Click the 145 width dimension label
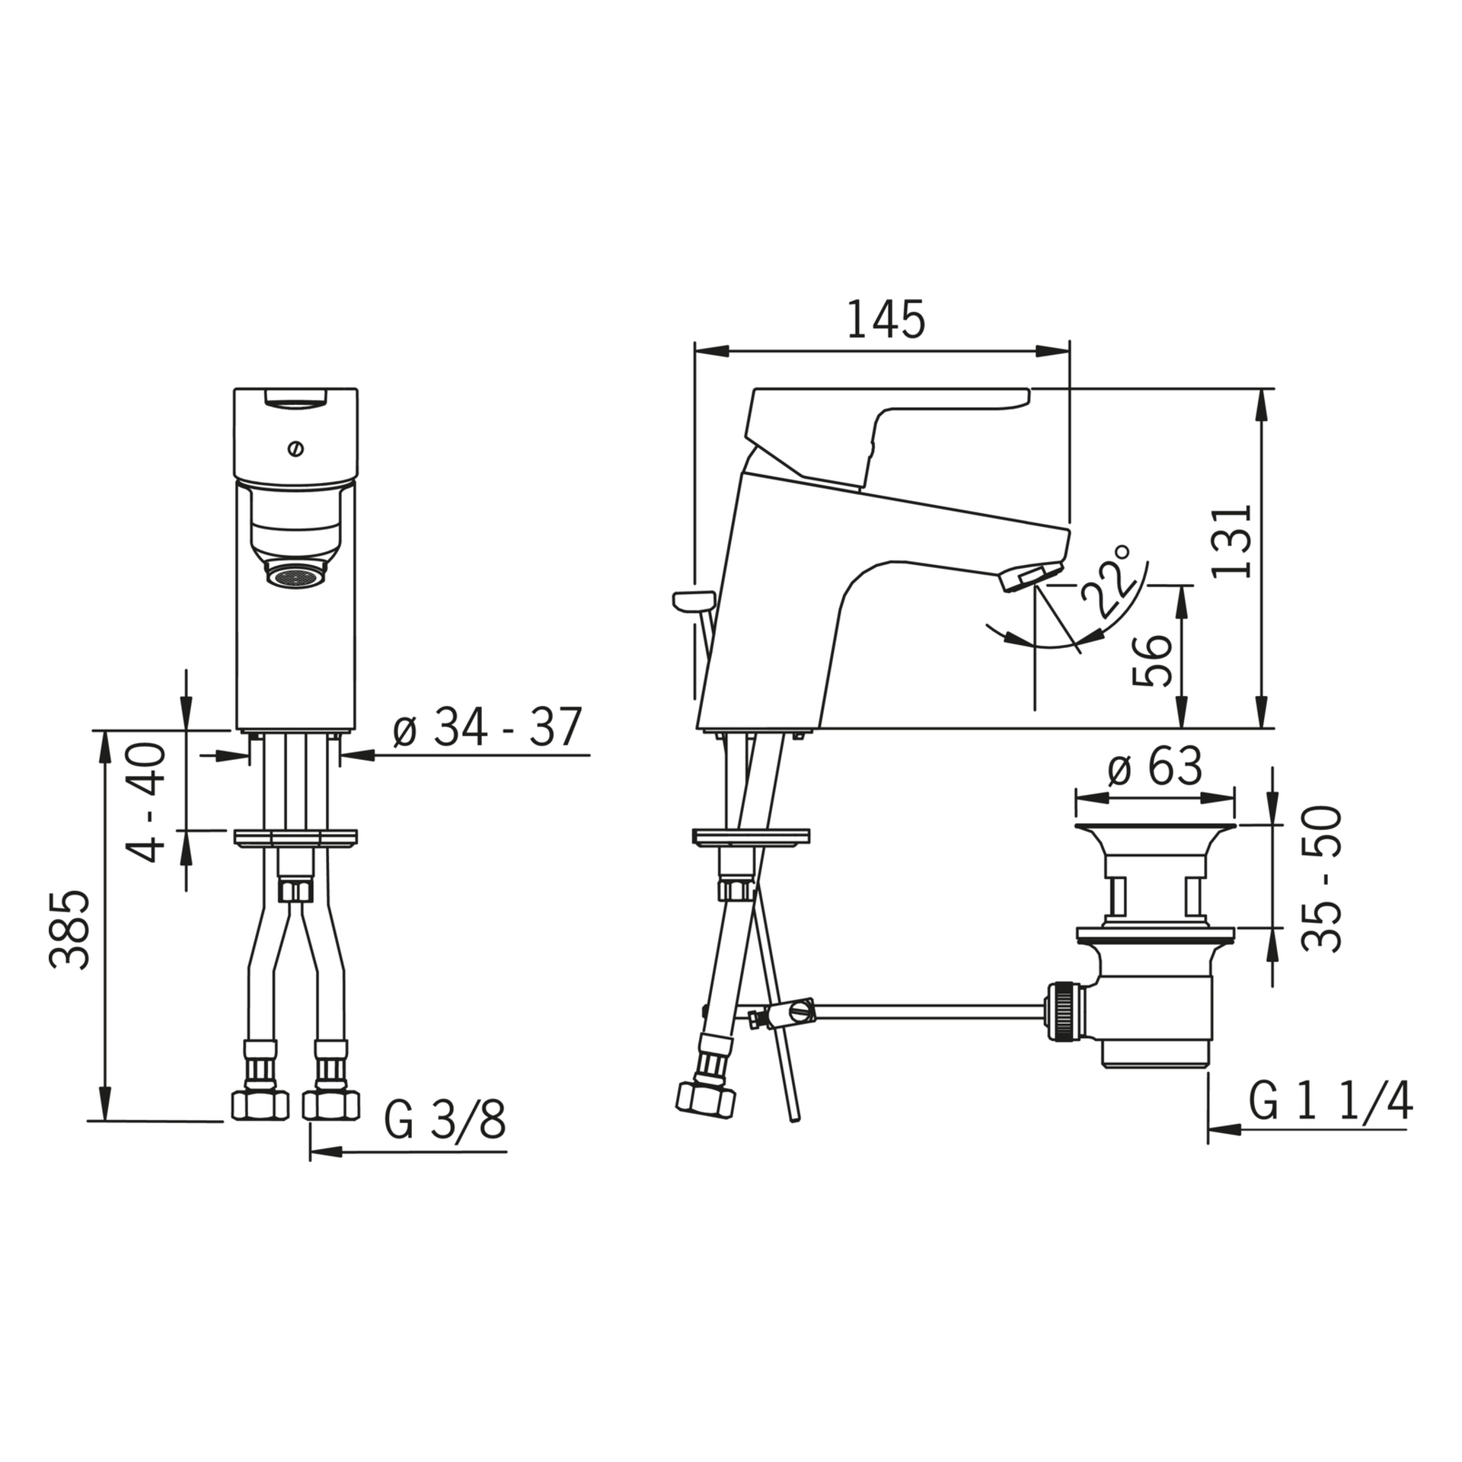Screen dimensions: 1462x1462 (886, 319)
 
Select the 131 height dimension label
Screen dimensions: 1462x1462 (1231, 541)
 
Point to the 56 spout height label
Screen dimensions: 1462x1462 (1150, 660)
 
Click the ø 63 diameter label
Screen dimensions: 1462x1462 (1154, 765)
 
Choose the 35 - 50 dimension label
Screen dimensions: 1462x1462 (1320, 879)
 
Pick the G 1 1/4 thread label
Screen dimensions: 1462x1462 (1330, 1101)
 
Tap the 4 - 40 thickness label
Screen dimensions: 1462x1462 (145, 802)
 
